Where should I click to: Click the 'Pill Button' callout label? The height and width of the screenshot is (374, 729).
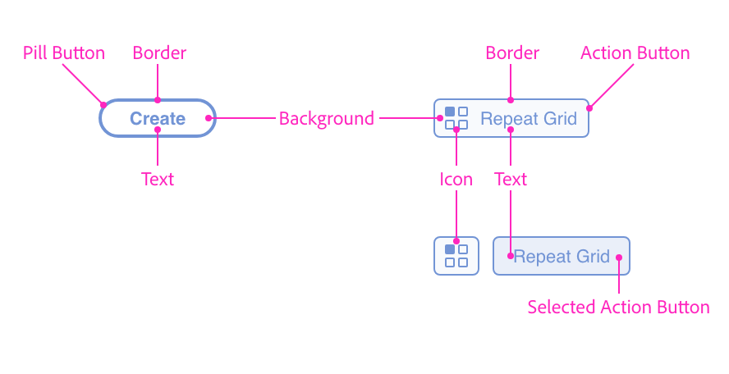64,53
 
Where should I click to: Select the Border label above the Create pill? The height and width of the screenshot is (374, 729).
159,53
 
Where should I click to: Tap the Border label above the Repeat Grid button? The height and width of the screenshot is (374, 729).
512,53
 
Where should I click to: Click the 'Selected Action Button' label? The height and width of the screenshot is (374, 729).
618,308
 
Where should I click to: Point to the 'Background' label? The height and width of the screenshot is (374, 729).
326,119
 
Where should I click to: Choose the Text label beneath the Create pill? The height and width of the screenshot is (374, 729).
157,179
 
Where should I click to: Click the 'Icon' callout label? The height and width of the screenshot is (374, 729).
456,179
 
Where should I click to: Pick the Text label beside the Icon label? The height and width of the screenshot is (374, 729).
511,179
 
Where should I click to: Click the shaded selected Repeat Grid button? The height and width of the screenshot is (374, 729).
561,256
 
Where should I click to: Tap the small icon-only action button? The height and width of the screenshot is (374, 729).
456,256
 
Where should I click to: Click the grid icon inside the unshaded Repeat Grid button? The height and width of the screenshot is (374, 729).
456,118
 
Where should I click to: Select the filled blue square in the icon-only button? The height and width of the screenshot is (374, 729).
450,249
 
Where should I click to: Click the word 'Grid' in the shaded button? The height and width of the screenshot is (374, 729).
592,257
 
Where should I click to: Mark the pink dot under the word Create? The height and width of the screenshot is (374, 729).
158,130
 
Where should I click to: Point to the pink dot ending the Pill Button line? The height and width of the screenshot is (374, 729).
103,104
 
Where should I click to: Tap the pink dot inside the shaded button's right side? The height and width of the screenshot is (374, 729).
619,257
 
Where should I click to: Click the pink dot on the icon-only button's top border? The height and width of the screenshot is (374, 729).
456,241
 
